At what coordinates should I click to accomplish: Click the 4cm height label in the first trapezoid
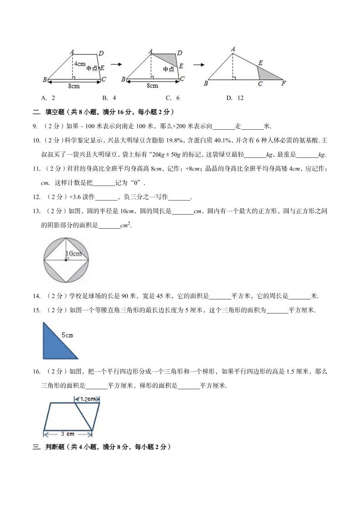pos(80,64)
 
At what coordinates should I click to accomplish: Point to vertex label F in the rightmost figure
pos(284,83)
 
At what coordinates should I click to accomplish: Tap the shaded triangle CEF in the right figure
pos(269,75)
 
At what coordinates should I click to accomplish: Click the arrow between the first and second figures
pos(116,64)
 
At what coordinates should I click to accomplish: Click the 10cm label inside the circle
pos(73,253)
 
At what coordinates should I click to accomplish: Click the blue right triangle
pos(54,344)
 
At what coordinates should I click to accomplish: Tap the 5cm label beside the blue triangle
pos(68,336)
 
